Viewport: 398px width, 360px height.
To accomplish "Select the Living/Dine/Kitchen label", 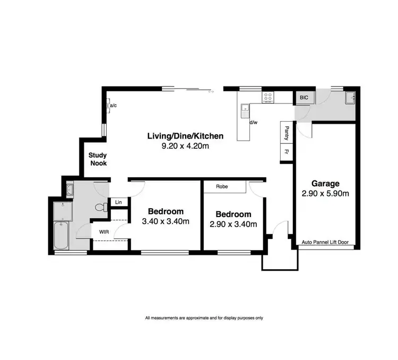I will tap(185, 136).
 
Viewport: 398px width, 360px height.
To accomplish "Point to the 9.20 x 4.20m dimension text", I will tap(185, 146).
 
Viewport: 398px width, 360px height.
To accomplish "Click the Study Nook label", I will tap(98, 159).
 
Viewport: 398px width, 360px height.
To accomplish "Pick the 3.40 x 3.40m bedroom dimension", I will tap(166, 221).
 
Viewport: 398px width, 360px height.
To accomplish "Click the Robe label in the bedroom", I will tap(223, 187).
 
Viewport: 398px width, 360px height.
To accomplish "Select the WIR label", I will tap(103, 231).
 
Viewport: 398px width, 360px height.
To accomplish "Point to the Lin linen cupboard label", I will tap(118, 202).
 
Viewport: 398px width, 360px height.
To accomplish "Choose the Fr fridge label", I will tap(287, 152).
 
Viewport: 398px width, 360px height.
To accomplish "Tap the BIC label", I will tap(304, 98).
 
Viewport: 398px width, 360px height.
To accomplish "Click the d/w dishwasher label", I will tap(254, 123).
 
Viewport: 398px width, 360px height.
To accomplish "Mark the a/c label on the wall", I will tap(114, 106).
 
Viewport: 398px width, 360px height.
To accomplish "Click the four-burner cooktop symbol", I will tap(269, 97).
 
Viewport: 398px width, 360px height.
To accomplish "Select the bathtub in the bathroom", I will tap(60, 236).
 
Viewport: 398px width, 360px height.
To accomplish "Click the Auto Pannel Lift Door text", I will tap(325, 242).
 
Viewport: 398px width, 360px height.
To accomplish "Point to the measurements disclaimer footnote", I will tap(204, 318).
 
